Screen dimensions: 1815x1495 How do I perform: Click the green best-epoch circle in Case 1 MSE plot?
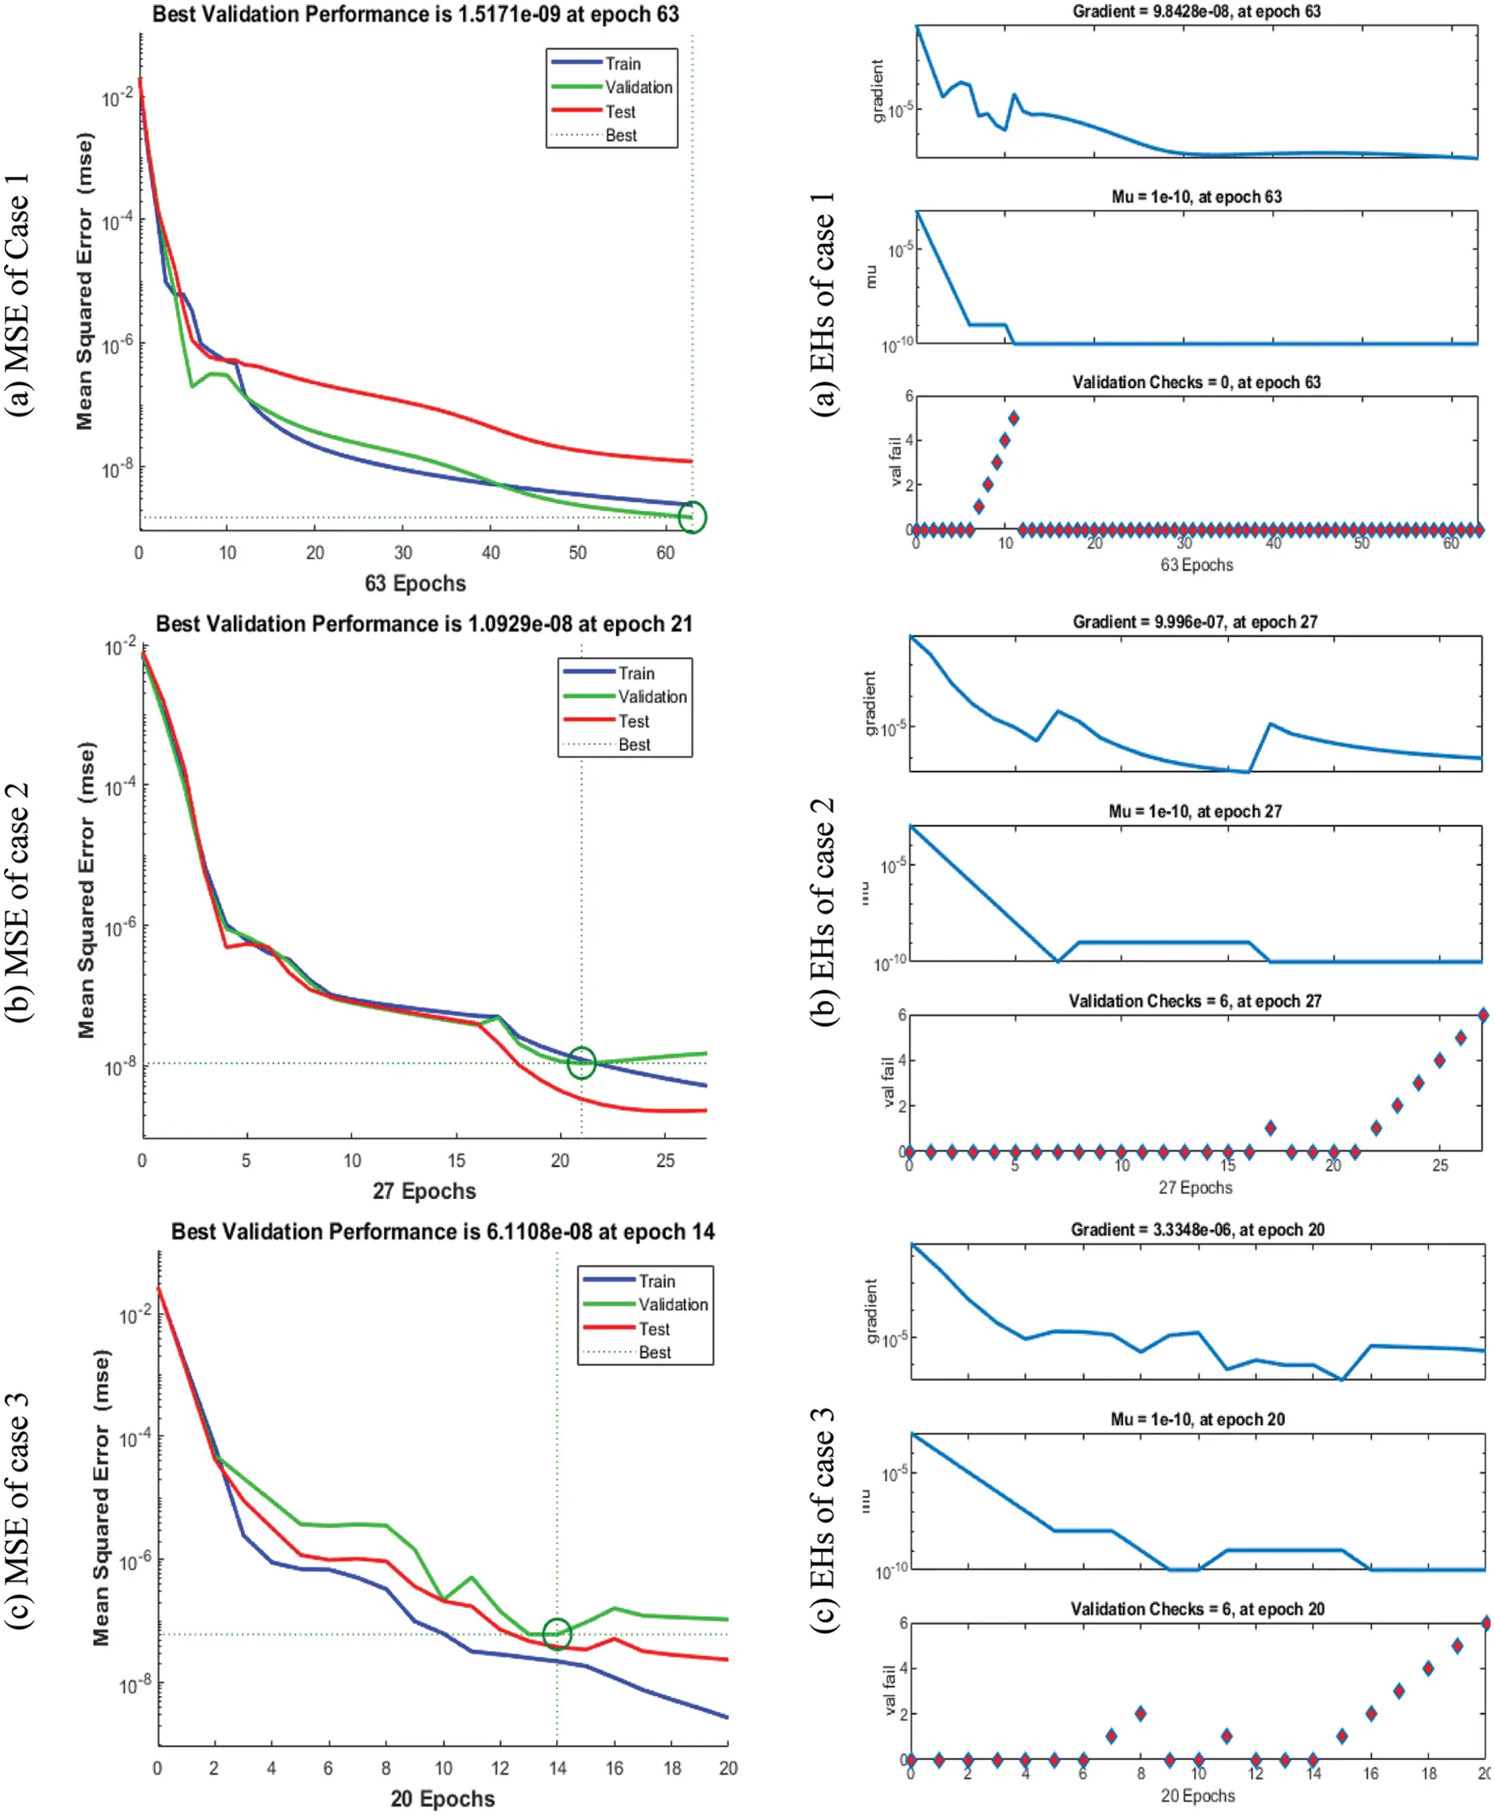[693, 517]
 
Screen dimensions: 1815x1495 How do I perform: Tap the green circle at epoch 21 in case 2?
[581, 1062]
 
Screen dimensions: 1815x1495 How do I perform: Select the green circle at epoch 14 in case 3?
[557, 1634]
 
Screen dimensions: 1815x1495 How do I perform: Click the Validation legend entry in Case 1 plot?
[638, 87]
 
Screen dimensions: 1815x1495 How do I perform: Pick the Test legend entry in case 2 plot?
[633, 721]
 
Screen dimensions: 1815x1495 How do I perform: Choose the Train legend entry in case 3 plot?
[656, 1281]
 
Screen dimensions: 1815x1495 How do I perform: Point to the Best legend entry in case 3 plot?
[655, 1353]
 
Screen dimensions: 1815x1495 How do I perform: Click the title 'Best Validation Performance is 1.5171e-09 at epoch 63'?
[415, 15]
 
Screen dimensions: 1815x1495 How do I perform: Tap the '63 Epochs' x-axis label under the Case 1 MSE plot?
[415, 583]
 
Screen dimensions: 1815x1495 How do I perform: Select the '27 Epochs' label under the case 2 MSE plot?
[423, 1192]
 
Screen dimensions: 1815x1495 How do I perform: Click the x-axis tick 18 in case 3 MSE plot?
[672, 1768]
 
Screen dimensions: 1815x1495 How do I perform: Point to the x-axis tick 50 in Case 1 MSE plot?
[577, 553]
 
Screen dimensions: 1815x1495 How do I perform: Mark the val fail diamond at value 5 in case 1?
[1013, 418]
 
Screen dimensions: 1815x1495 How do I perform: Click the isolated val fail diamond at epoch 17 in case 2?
[1270, 1128]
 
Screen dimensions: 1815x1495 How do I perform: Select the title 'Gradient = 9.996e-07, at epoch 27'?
[1194, 622]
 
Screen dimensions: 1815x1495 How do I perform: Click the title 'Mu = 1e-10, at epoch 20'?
[1197, 1419]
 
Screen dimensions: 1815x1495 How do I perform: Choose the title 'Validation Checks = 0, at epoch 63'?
[1196, 382]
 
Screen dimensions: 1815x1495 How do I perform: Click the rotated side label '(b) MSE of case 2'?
[18, 902]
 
